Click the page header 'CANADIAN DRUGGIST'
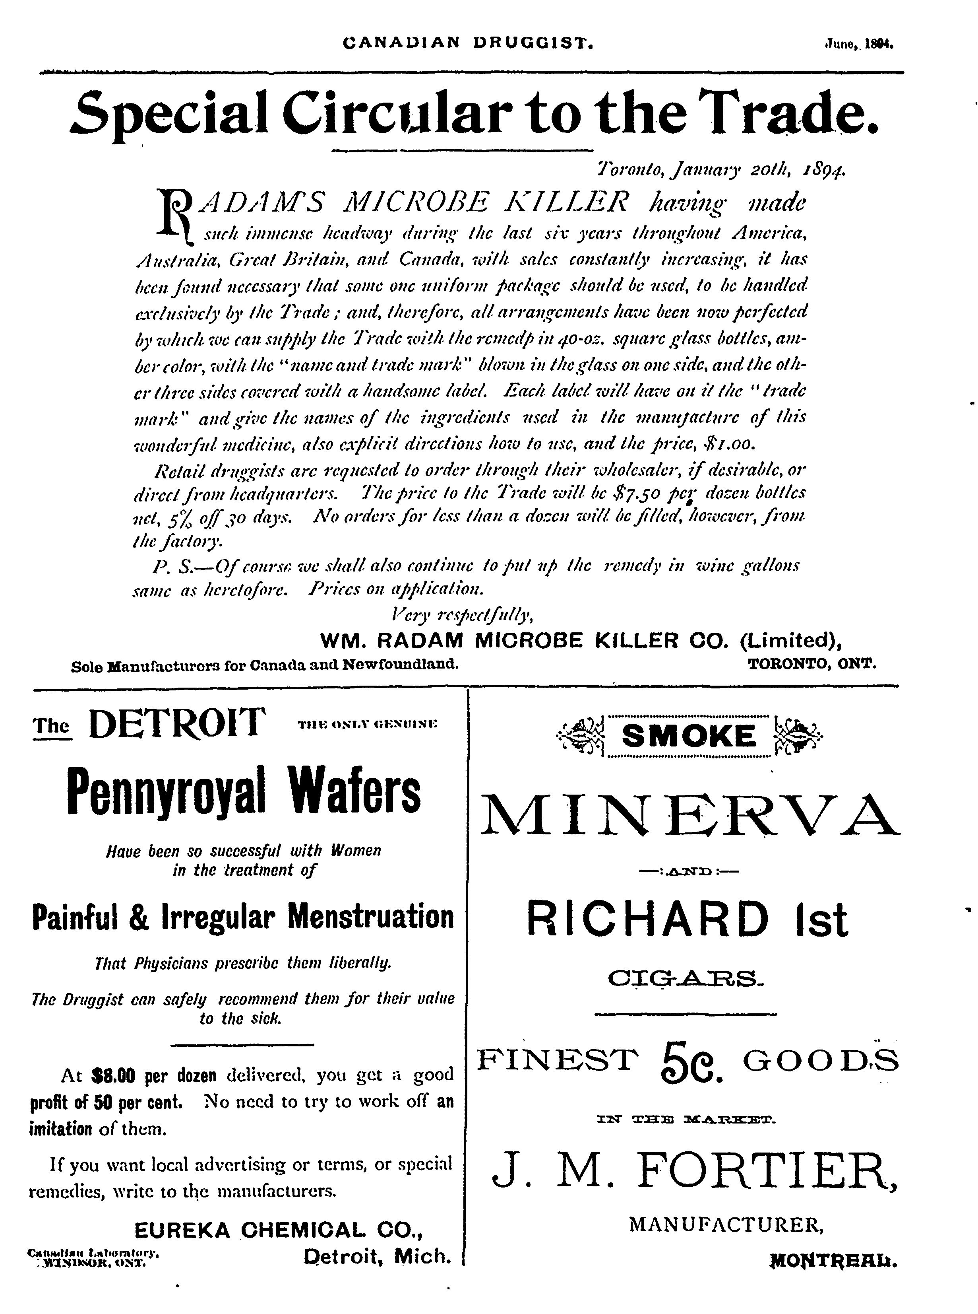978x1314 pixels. pos(468,43)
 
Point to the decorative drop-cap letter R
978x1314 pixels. pos(173,214)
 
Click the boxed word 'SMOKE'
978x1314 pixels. pos(690,737)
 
